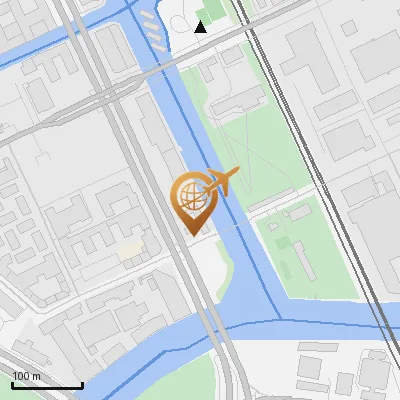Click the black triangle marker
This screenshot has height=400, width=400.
[x=200, y=27]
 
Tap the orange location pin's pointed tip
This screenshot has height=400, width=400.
[x=191, y=234]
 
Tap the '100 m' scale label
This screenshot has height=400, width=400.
[x=27, y=376]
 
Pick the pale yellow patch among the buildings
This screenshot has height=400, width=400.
[x=129, y=250]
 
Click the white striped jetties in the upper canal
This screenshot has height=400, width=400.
[x=149, y=30]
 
